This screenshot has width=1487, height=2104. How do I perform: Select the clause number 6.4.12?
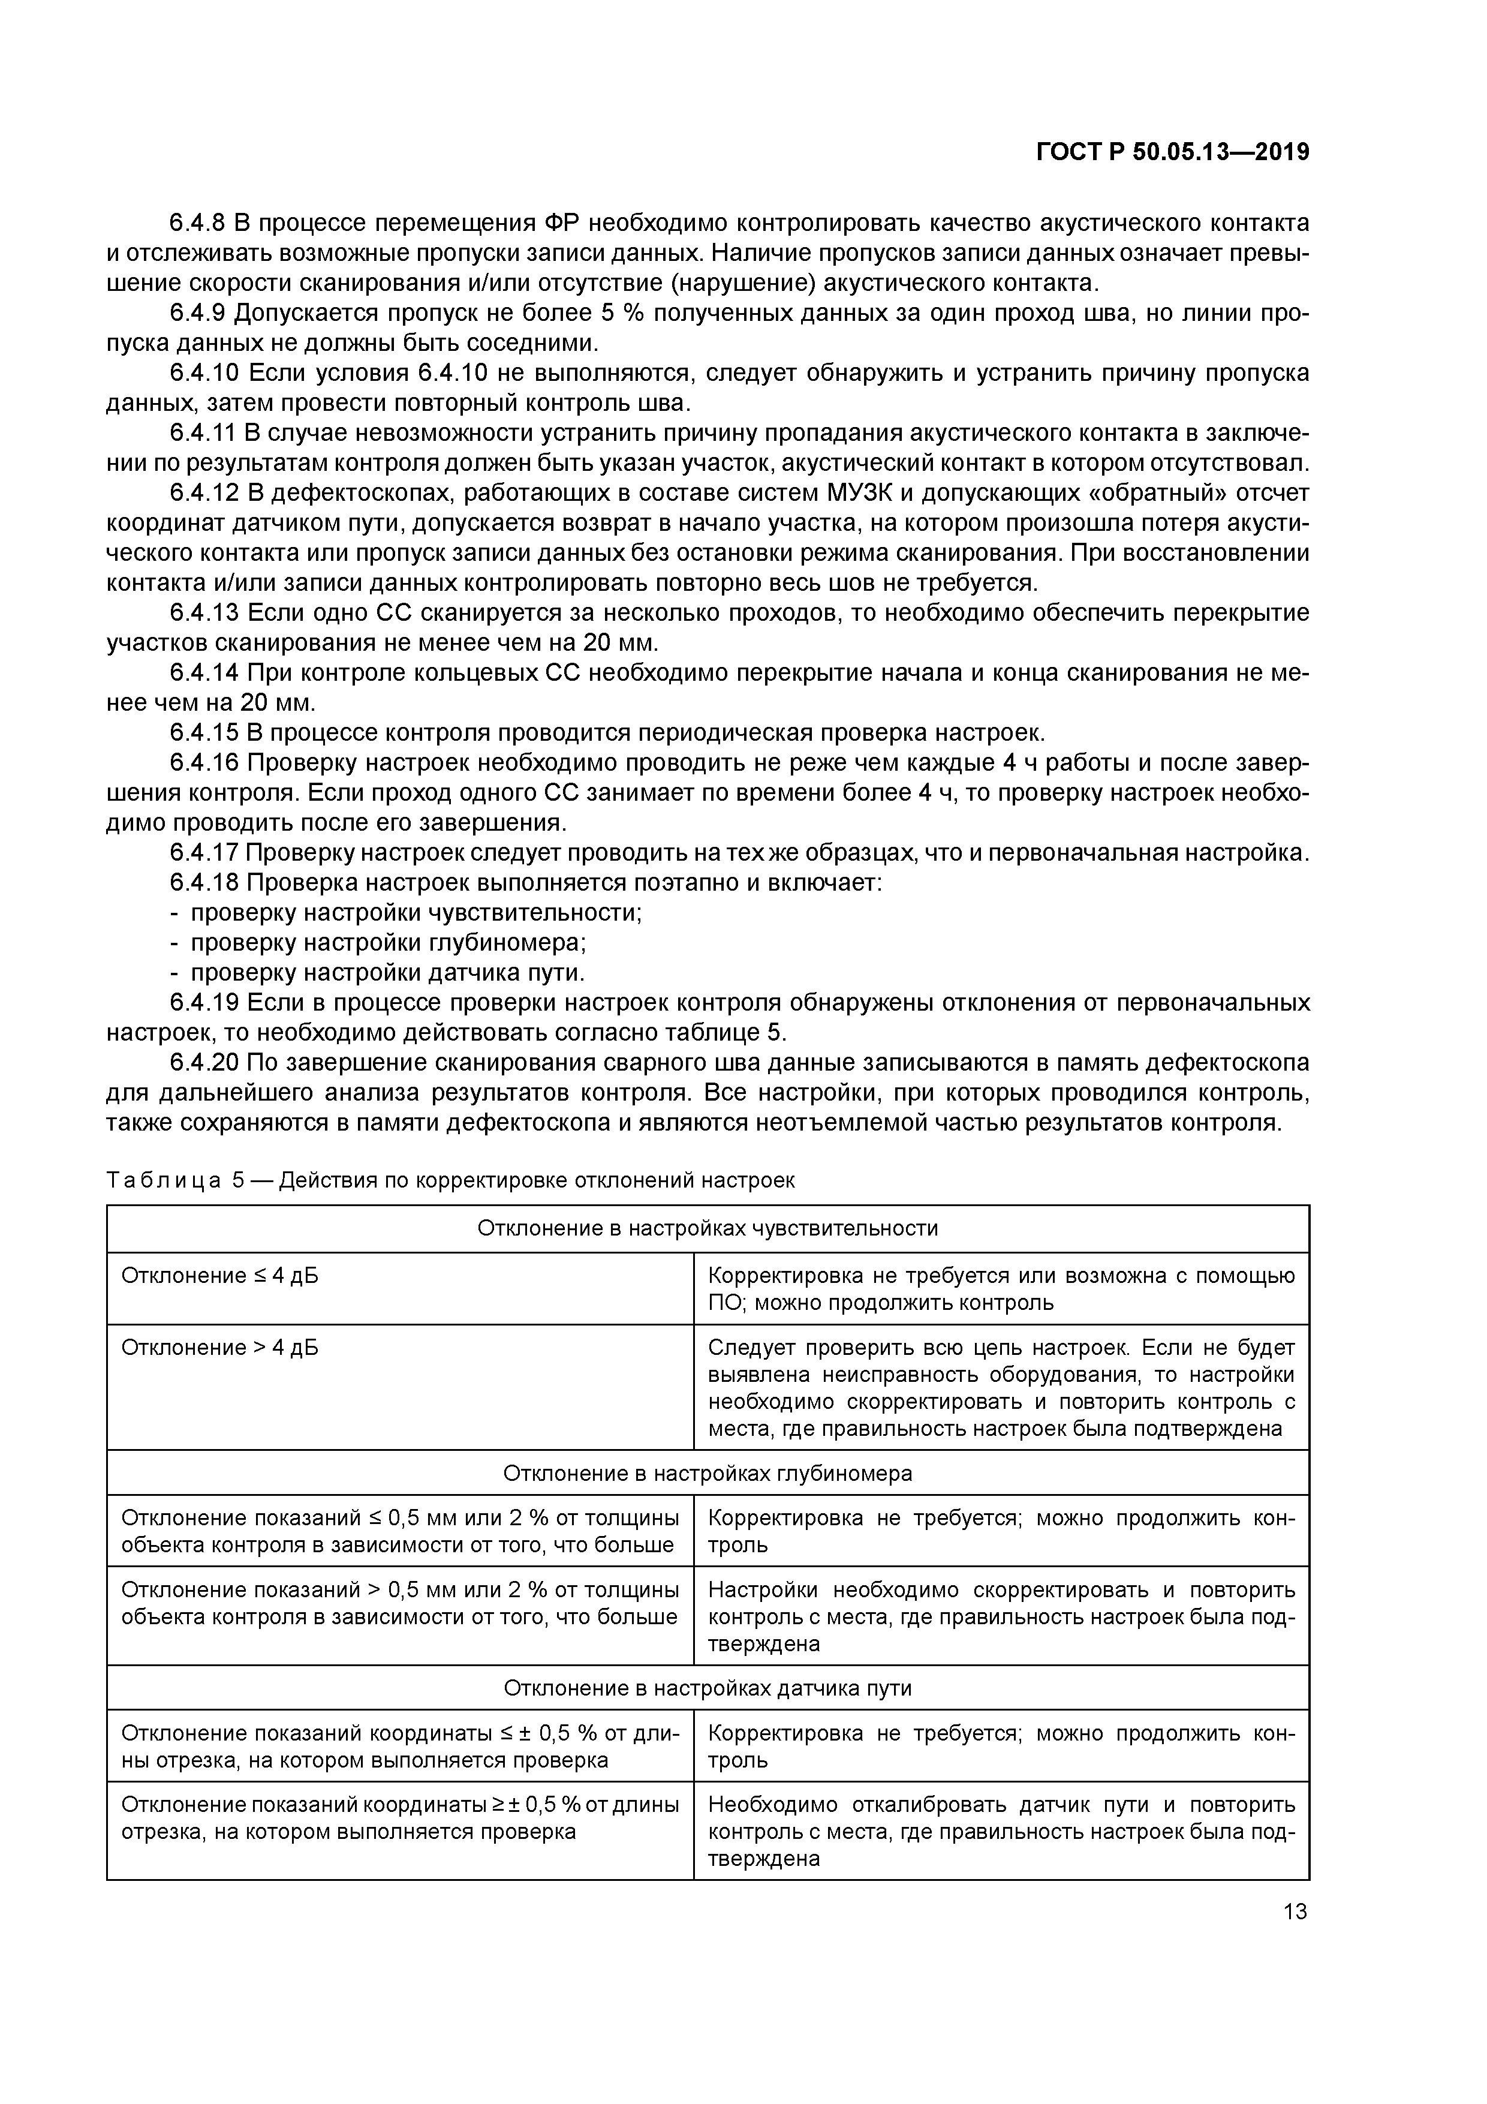point(205,493)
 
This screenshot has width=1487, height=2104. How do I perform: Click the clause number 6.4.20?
point(205,1062)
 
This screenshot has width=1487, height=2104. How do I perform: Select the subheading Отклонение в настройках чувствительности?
point(708,1228)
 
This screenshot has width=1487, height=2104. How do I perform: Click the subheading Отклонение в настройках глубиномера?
point(708,1474)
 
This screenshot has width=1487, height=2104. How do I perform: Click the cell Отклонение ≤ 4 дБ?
point(220,1276)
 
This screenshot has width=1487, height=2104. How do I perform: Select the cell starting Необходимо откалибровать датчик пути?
point(1001,1831)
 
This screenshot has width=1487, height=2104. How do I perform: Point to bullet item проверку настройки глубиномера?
point(387,943)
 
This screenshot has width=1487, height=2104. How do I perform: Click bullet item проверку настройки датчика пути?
point(387,972)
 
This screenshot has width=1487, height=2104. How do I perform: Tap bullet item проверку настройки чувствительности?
point(415,913)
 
